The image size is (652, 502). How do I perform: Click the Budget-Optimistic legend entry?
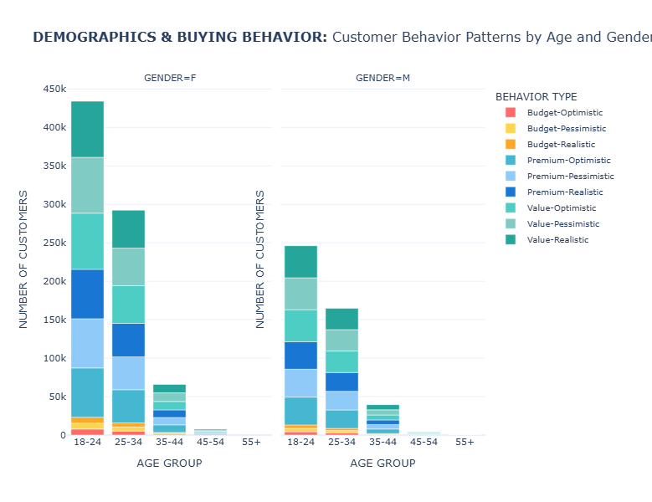coord(564,112)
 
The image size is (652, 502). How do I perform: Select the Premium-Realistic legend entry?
coord(564,192)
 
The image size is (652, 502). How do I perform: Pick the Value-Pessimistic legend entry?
coord(564,223)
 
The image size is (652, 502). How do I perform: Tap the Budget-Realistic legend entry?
coord(564,144)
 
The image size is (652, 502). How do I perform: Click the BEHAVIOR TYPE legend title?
coord(536,96)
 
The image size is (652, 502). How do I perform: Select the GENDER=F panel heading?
coord(170,78)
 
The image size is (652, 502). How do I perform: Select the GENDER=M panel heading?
coord(382,78)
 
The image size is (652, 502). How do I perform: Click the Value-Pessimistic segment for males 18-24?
coord(300,294)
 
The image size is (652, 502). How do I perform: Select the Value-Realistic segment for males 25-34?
coord(341,318)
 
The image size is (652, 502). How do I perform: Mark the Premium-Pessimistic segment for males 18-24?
coord(300,382)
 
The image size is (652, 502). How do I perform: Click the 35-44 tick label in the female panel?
coord(170,442)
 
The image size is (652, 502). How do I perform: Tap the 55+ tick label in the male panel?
coord(465,442)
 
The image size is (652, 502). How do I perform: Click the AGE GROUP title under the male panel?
coord(382,463)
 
